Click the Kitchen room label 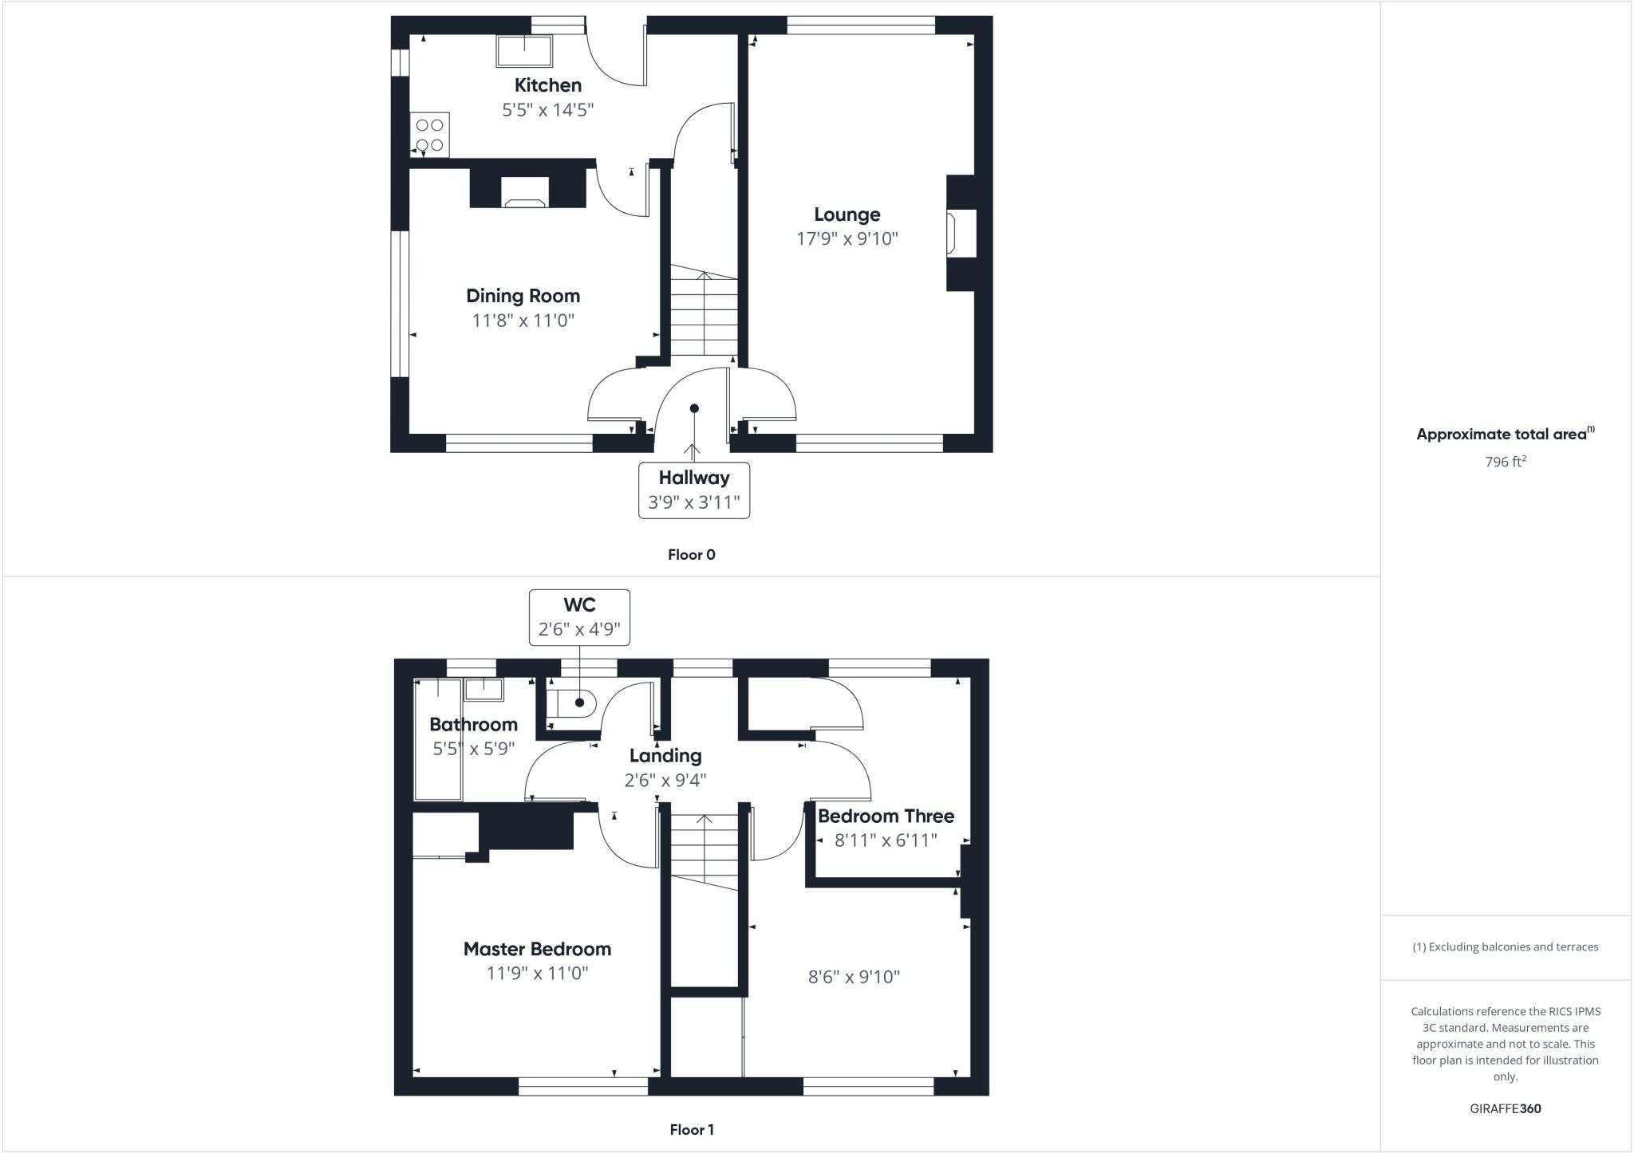[547, 85]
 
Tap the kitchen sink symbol [524, 51]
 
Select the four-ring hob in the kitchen [430, 135]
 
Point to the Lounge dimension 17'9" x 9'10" [847, 238]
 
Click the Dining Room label [523, 296]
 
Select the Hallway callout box [693, 490]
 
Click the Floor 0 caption [691, 555]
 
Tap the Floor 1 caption [691, 1130]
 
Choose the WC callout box [579, 617]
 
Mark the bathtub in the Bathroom [438, 739]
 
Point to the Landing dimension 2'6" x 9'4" [665, 780]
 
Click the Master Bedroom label [537, 949]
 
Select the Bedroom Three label [886, 816]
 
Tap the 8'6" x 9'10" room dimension [854, 977]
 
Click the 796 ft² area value [1505, 462]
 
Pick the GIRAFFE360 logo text [1505, 1108]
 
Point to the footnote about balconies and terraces [1505, 947]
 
